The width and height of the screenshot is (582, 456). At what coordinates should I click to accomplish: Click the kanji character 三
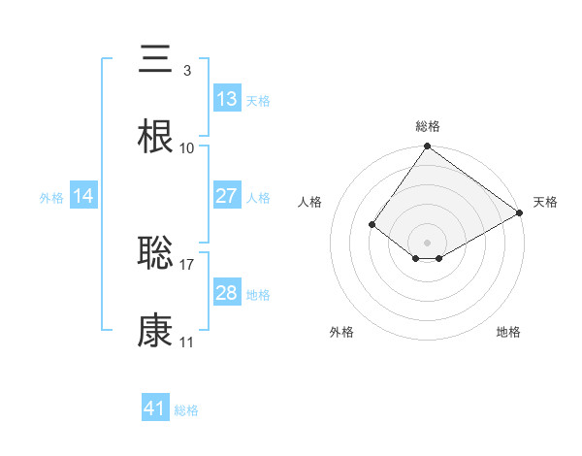(155, 61)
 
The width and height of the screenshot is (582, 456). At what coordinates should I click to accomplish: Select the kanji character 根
(155, 137)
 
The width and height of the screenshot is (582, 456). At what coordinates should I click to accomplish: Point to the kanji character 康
(155, 331)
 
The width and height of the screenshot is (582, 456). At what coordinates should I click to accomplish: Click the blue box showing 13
(227, 99)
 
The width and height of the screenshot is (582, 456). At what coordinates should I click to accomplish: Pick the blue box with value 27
(227, 196)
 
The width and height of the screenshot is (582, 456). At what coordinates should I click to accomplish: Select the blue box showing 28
(227, 293)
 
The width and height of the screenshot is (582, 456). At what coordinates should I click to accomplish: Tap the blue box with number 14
(83, 196)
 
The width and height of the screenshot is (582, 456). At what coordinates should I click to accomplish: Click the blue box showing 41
(155, 408)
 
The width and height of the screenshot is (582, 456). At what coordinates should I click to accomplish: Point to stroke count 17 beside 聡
(187, 264)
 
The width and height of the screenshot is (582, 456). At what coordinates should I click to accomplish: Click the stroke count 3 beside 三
(186, 71)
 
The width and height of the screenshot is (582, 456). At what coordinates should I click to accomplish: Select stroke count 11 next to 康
(187, 342)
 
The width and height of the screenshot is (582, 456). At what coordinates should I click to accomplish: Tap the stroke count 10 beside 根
(187, 148)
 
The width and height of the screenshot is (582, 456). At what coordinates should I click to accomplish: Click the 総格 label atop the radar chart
(428, 126)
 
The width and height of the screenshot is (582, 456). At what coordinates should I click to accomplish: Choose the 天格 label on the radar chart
(545, 202)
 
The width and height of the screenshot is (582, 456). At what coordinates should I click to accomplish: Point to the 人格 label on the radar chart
(310, 202)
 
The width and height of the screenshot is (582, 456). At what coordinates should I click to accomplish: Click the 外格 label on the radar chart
(341, 332)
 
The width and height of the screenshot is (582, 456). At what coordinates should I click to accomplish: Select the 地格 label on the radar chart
(508, 332)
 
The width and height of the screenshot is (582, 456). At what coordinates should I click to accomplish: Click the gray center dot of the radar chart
(428, 242)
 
